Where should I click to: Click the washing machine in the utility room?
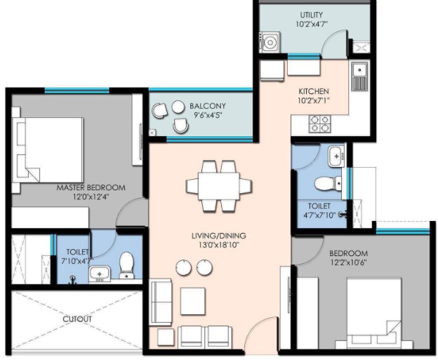click(x=270, y=42)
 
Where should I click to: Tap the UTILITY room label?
click(x=312, y=15)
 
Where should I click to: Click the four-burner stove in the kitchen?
click(x=319, y=124)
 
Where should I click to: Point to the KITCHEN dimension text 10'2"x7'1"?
click(x=314, y=100)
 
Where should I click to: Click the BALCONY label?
click(x=208, y=106)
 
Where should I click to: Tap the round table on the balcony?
click(x=178, y=107)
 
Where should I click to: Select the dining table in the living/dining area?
click(x=219, y=186)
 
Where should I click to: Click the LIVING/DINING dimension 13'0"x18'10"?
click(x=219, y=245)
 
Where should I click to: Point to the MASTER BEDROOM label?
click(x=91, y=187)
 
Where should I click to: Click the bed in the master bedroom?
click(x=48, y=150)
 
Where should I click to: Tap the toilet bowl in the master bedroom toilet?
click(x=126, y=265)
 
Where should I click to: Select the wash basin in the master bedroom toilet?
click(x=100, y=274)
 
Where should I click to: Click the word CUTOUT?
click(x=77, y=319)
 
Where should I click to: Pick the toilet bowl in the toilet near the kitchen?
click(x=328, y=184)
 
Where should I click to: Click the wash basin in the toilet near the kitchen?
click(x=336, y=156)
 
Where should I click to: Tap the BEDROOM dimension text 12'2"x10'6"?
click(x=348, y=262)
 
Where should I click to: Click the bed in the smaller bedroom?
click(x=374, y=314)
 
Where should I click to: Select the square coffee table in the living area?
click(x=193, y=301)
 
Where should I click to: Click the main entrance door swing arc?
click(x=256, y=324)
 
